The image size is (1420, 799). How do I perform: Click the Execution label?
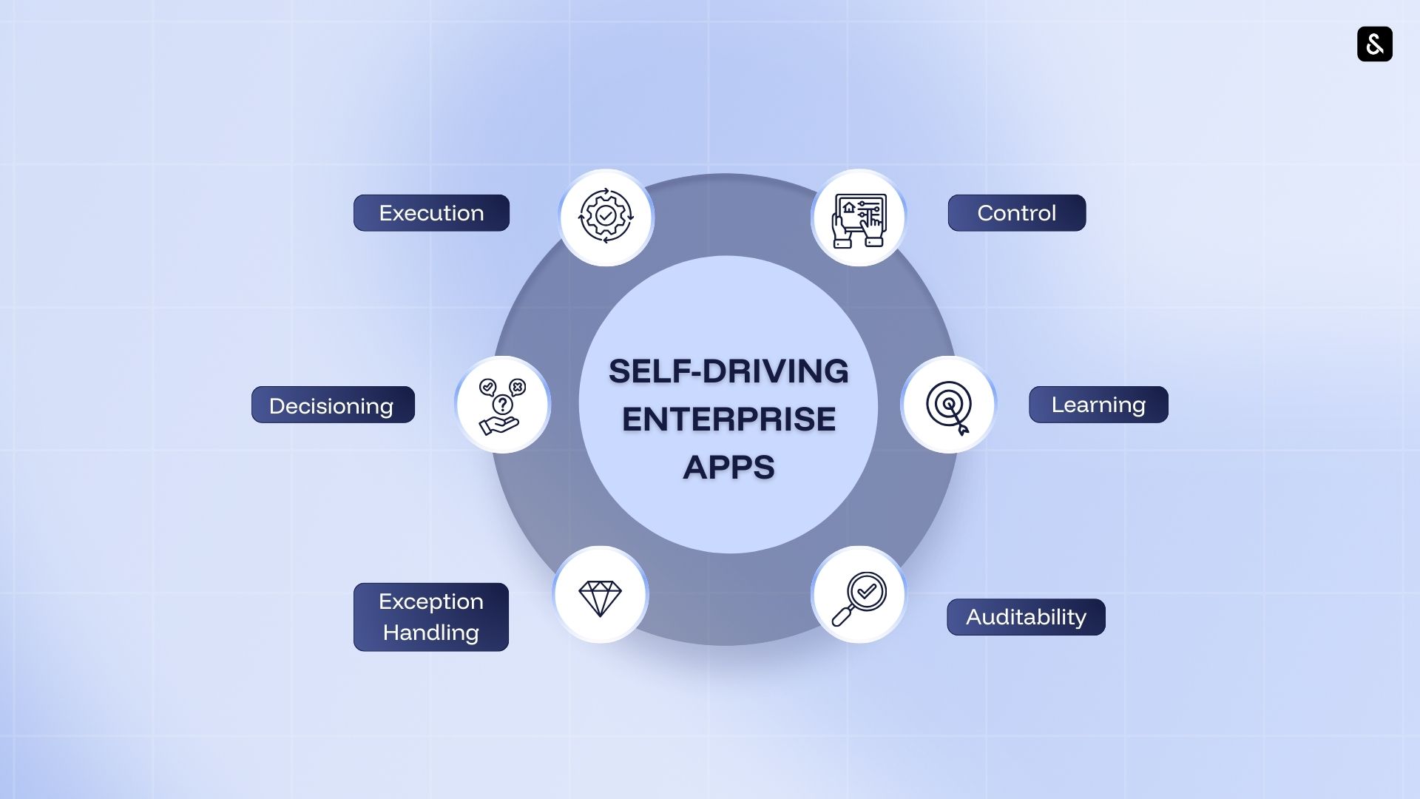click(x=431, y=213)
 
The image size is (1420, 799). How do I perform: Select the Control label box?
click(x=1016, y=213)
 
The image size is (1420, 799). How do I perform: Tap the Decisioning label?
click(x=332, y=405)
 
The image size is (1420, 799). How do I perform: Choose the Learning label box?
click(x=1098, y=405)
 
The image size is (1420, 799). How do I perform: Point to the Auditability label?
click(x=1026, y=617)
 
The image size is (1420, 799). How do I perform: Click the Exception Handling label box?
click(x=430, y=617)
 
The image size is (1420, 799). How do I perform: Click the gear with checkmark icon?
click(x=606, y=217)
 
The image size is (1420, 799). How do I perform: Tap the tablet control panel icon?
click(x=859, y=218)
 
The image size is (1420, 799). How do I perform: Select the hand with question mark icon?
click(x=502, y=405)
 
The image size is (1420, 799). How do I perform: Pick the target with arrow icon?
click(x=949, y=406)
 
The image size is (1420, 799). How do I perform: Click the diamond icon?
click(x=600, y=596)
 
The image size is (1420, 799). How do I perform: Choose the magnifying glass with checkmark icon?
click(x=859, y=596)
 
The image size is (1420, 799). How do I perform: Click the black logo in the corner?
click(x=1374, y=44)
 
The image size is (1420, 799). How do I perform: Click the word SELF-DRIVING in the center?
click(x=728, y=371)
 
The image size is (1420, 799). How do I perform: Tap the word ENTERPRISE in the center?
click(x=728, y=419)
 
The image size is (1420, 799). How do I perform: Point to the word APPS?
click(x=728, y=468)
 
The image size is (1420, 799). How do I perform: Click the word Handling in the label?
click(x=430, y=633)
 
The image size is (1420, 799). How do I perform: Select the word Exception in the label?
click(x=430, y=601)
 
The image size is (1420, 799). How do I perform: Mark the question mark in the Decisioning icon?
click(x=503, y=405)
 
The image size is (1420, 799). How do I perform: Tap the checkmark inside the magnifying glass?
click(x=867, y=591)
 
